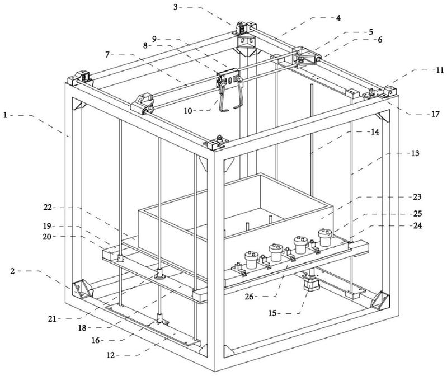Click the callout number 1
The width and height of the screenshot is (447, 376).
click(6, 115)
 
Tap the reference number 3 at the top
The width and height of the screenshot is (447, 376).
click(176, 7)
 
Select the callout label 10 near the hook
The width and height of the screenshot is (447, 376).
click(188, 111)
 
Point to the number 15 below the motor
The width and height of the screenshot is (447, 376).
click(272, 313)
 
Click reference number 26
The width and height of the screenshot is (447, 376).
click(249, 297)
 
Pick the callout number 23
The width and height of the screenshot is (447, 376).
click(417, 197)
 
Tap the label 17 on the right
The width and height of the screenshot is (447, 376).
click(435, 114)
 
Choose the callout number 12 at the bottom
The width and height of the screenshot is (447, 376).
click(111, 355)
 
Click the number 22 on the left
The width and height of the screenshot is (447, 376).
click(48, 208)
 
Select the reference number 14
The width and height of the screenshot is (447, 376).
click(375, 132)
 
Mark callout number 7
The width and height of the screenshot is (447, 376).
click(107, 54)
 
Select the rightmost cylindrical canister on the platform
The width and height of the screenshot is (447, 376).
click(325, 237)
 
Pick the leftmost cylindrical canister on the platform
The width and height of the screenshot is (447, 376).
click(251, 260)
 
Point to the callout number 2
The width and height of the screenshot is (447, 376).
click(12, 271)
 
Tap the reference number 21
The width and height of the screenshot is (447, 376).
click(52, 319)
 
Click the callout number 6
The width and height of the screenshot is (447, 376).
click(380, 40)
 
